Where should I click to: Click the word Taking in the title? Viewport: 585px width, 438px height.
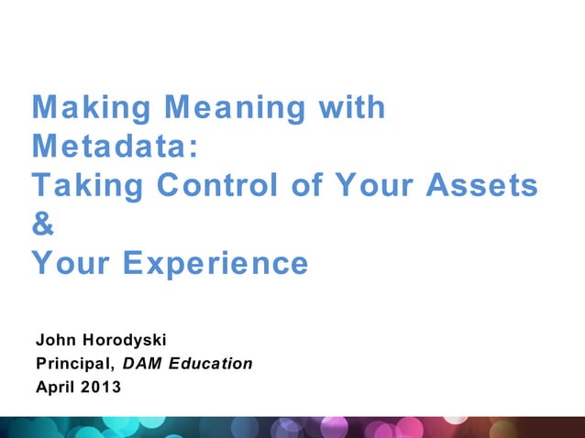83,186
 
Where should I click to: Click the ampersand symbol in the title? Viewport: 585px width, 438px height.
43,225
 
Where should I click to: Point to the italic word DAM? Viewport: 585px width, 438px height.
142,364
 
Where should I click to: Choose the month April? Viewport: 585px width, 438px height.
54,387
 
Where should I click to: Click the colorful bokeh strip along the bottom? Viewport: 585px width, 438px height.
292,427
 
